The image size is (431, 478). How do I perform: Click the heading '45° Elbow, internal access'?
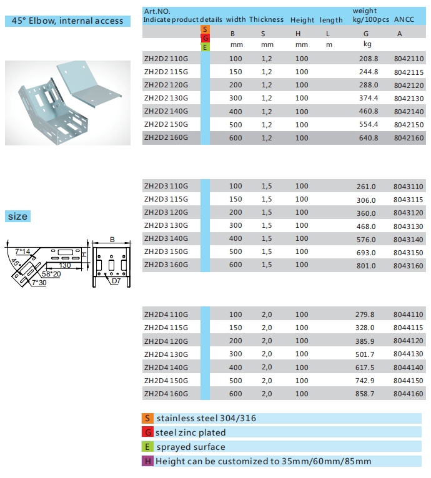click(67, 21)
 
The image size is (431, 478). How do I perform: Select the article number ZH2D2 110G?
click(166, 59)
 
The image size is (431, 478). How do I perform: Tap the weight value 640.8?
click(369, 138)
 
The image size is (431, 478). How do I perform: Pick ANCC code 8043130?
click(409, 226)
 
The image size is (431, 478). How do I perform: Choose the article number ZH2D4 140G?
click(166, 368)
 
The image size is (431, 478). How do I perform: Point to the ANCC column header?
click(400, 20)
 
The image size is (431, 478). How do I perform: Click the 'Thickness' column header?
click(266, 20)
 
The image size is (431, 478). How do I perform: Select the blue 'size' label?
click(18, 217)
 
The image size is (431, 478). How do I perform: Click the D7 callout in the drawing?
click(116, 281)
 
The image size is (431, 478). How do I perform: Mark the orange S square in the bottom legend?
click(147, 418)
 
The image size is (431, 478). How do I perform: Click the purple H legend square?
click(147, 462)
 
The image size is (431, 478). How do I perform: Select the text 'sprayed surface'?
click(191, 447)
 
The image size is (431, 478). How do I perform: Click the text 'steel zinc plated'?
click(190, 432)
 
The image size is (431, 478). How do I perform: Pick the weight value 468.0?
click(366, 226)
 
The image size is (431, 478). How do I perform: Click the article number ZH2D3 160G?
click(166, 265)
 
